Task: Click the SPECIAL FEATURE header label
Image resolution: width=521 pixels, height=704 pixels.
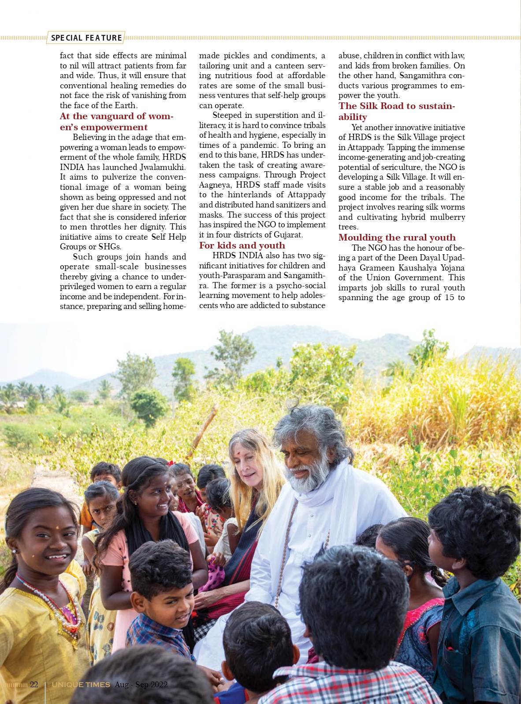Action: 86,38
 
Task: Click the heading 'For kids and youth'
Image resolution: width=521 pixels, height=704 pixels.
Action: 242,245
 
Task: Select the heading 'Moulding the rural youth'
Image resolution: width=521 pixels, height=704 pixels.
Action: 397,237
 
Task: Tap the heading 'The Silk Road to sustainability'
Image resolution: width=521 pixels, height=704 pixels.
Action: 396,111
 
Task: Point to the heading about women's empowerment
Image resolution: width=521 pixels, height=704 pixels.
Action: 117,121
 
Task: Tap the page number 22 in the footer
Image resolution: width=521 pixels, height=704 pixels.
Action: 34,685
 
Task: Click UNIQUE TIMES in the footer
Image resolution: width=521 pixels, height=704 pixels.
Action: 81,685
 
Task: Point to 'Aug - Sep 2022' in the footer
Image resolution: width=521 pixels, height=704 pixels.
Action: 141,685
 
